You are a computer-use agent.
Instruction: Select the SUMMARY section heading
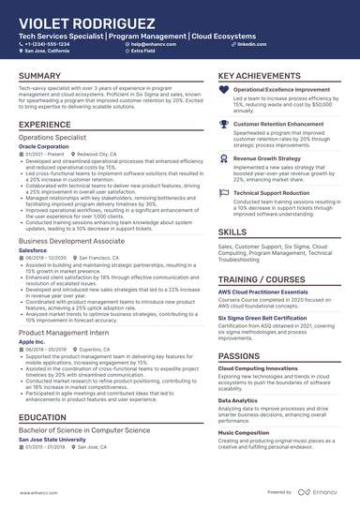(x=40, y=75)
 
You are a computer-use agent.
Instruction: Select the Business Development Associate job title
(x=71, y=240)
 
